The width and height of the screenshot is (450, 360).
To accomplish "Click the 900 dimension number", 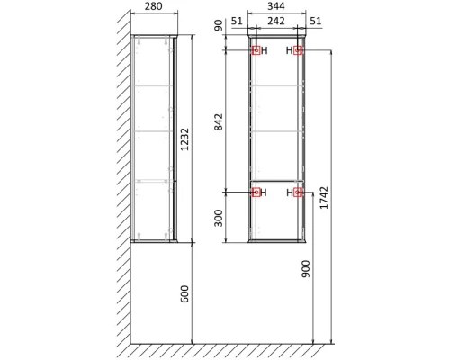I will [306, 270].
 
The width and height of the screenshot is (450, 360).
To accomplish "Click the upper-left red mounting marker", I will [255, 51].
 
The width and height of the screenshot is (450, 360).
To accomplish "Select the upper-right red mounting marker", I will [298, 51].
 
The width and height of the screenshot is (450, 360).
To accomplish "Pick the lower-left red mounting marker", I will [255, 192].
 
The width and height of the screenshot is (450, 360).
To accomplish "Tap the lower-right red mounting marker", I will [298, 192].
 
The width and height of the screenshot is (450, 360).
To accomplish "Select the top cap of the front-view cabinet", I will [276, 38].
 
